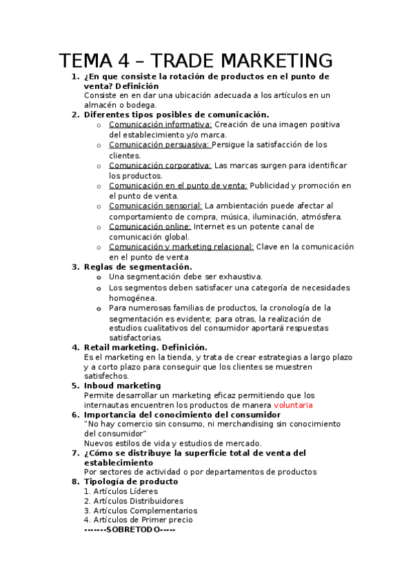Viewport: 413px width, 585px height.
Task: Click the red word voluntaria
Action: click(293, 405)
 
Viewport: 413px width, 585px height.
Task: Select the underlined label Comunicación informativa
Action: click(160, 125)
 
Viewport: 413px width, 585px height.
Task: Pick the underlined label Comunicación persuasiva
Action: click(159, 145)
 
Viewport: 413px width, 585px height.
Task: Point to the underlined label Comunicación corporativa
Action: click(160, 166)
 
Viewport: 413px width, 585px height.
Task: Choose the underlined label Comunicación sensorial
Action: click(155, 206)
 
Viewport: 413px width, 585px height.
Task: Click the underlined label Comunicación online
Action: click(150, 226)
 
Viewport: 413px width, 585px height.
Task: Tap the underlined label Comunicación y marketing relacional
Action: click(181, 246)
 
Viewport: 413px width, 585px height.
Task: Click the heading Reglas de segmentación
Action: click(138, 267)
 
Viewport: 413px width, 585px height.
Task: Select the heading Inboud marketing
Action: click(122, 386)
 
